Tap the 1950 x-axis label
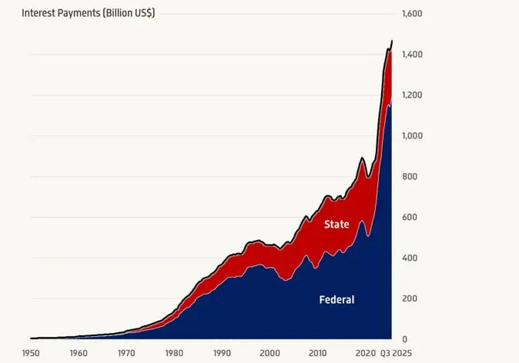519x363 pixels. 31,353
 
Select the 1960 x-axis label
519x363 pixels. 79,353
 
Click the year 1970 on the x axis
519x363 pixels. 126,353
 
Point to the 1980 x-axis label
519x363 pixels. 174,353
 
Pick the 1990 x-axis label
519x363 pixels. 222,353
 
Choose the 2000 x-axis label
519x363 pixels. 270,353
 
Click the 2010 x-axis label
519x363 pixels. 317,353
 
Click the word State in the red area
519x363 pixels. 337,225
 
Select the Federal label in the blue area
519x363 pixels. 337,300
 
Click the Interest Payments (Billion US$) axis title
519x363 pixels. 88,14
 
